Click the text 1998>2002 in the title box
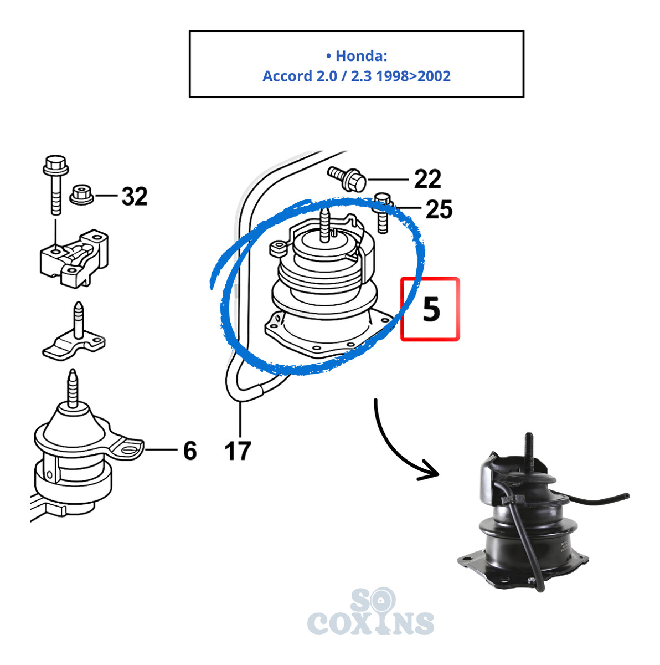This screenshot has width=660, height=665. click(412, 76)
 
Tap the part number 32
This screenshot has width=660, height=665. click(134, 196)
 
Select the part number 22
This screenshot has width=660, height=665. click(427, 179)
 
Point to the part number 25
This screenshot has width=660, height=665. click(439, 209)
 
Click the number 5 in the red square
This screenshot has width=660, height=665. click(431, 310)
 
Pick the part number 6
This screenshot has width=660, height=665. click(190, 451)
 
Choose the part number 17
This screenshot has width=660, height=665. click(237, 451)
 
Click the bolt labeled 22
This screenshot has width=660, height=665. click(346, 178)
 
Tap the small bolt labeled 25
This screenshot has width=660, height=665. click(383, 212)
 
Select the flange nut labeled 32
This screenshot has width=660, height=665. click(81, 195)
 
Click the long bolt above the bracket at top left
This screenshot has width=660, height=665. click(56, 185)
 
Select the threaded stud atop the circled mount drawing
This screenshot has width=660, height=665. click(324, 226)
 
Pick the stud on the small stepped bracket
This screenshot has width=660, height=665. click(78, 320)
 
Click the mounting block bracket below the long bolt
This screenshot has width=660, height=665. click(74, 258)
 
